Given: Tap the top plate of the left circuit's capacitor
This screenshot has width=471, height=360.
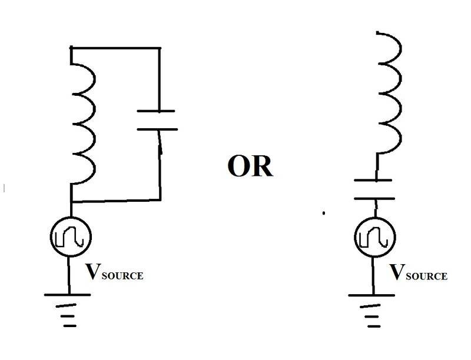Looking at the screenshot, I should pyautogui.click(x=156, y=111).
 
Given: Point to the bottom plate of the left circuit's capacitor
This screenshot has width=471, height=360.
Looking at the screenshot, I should pyautogui.click(x=157, y=129).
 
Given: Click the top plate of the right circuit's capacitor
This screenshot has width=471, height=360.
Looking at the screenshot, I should pyautogui.click(x=373, y=180).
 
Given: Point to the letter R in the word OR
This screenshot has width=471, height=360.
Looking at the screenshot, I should pyautogui.click(x=262, y=167).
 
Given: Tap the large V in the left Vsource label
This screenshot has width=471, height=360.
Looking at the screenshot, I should pyautogui.click(x=93, y=271).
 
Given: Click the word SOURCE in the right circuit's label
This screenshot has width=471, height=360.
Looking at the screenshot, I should pyautogui.click(x=426, y=276).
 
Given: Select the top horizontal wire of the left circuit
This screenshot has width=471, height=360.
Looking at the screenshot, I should pyautogui.click(x=115, y=48).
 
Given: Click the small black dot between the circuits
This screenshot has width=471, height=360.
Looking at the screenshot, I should pyautogui.click(x=323, y=214).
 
